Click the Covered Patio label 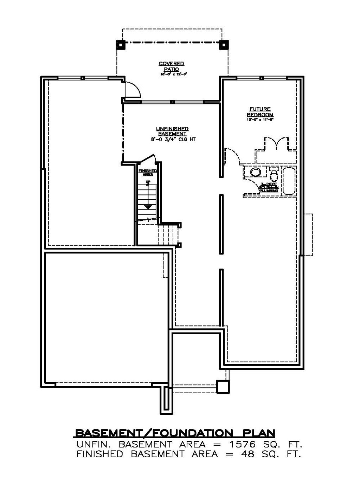(171, 66)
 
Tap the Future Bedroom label (260, 112)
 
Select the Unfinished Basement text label (172, 131)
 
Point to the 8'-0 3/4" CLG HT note (172, 140)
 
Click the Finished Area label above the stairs (148, 172)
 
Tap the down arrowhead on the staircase (148, 207)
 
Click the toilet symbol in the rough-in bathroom (274, 173)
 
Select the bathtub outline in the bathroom (289, 181)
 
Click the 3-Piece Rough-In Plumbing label (270, 187)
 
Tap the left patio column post (120, 45)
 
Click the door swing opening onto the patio (133, 89)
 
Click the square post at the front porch (223, 387)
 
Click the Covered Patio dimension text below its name (171, 74)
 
